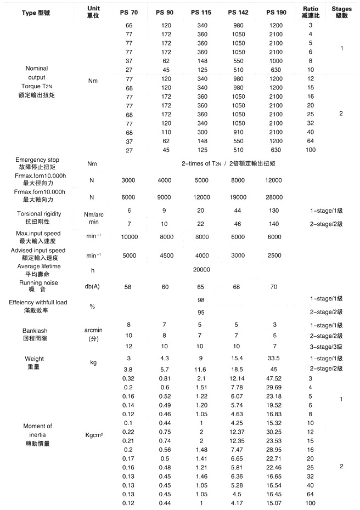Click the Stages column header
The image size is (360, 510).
pyautogui.click(x=341, y=12)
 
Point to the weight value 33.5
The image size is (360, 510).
pyautogui.click(x=274, y=358)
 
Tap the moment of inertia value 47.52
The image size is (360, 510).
pyautogui.click(x=274, y=378)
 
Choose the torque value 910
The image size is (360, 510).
pyautogui.click(x=239, y=132)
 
